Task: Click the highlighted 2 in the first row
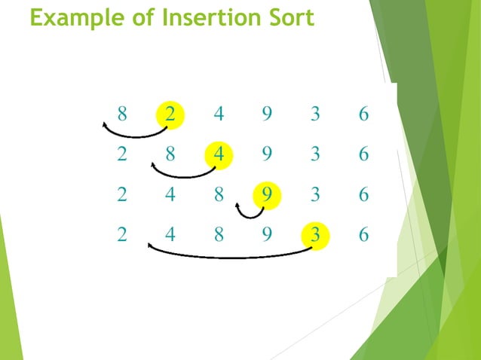[170, 114]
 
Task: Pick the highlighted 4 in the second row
[219, 154]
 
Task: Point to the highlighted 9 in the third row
[267, 194]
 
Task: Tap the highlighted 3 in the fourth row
[315, 234]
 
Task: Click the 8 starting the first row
[122, 114]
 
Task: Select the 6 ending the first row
[363, 114]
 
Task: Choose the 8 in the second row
[170, 154]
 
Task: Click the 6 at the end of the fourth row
[363, 234]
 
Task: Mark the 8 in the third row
[219, 194]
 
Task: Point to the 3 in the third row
[315, 194]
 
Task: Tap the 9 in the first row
[267, 114]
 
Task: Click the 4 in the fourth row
[170, 234]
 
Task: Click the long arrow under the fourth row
[230, 257]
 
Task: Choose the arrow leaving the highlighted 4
[183, 175]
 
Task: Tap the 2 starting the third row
[122, 194]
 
